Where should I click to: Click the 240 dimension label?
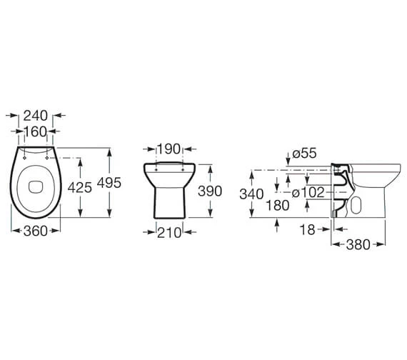pos(35,115)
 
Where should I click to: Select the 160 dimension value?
pos(35,131)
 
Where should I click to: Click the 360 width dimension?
pos(35,230)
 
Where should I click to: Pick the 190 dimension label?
pos(169,149)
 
